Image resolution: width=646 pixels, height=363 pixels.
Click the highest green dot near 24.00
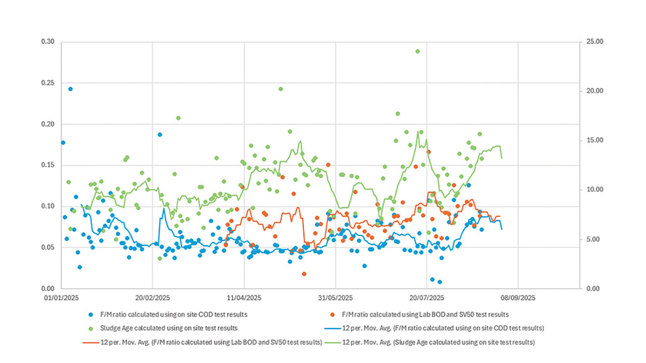(x=417, y=51)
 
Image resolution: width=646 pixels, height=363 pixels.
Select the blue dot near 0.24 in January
(x=70, y=89)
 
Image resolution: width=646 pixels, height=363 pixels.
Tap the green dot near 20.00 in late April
(x=280, y=89)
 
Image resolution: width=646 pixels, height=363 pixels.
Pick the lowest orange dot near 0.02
(x=304, y=274)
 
